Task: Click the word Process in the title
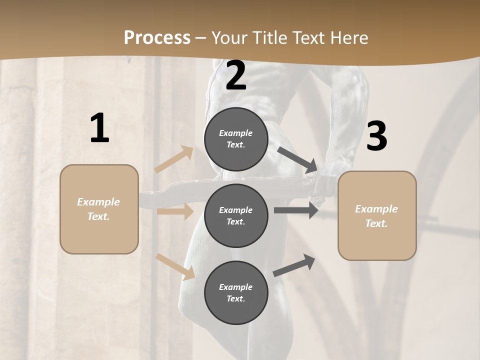(157, 37)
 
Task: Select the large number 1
(99, 128)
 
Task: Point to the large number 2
(236, 75)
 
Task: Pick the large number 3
(377, 136)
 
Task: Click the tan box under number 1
(99, 209)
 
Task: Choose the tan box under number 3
(377, 216)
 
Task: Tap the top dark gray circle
(236, 139)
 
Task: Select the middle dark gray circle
(236, 215)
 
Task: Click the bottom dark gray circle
(236, 292)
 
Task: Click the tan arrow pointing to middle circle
(175, 211)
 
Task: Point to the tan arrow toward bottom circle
(175, 266)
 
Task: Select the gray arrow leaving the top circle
(297, 159)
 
